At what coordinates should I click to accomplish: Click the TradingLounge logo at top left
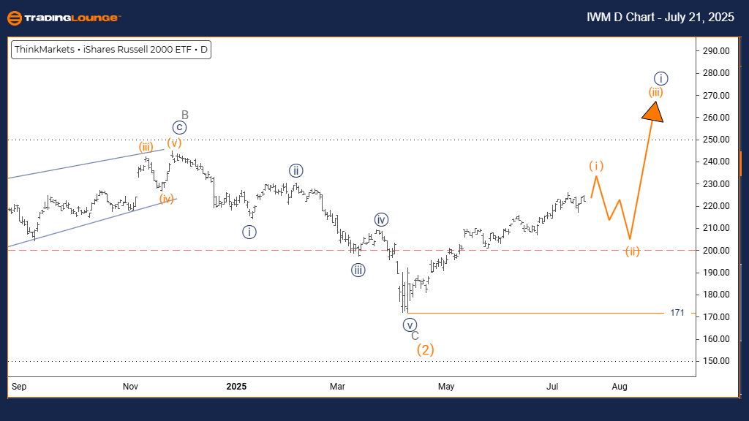[x=64, y=18]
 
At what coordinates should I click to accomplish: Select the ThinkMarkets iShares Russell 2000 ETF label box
[x=111, y=50]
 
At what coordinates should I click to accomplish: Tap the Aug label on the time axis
[x=620, y=385]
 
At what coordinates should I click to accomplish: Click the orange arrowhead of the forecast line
[x=653, y=111]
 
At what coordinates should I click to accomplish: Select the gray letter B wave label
[x=185, y=115]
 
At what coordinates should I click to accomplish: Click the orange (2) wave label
[x=426, y=350]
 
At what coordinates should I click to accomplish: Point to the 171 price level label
[x=677, y=313]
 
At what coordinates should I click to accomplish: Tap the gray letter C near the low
[x=415, y=335]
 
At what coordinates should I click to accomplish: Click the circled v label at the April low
[x=410, y=325]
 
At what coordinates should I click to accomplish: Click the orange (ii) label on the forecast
[x=633, y=251]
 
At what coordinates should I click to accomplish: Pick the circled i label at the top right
[x=660, y=78]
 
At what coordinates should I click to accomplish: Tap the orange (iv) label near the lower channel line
[x=168, y=198]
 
